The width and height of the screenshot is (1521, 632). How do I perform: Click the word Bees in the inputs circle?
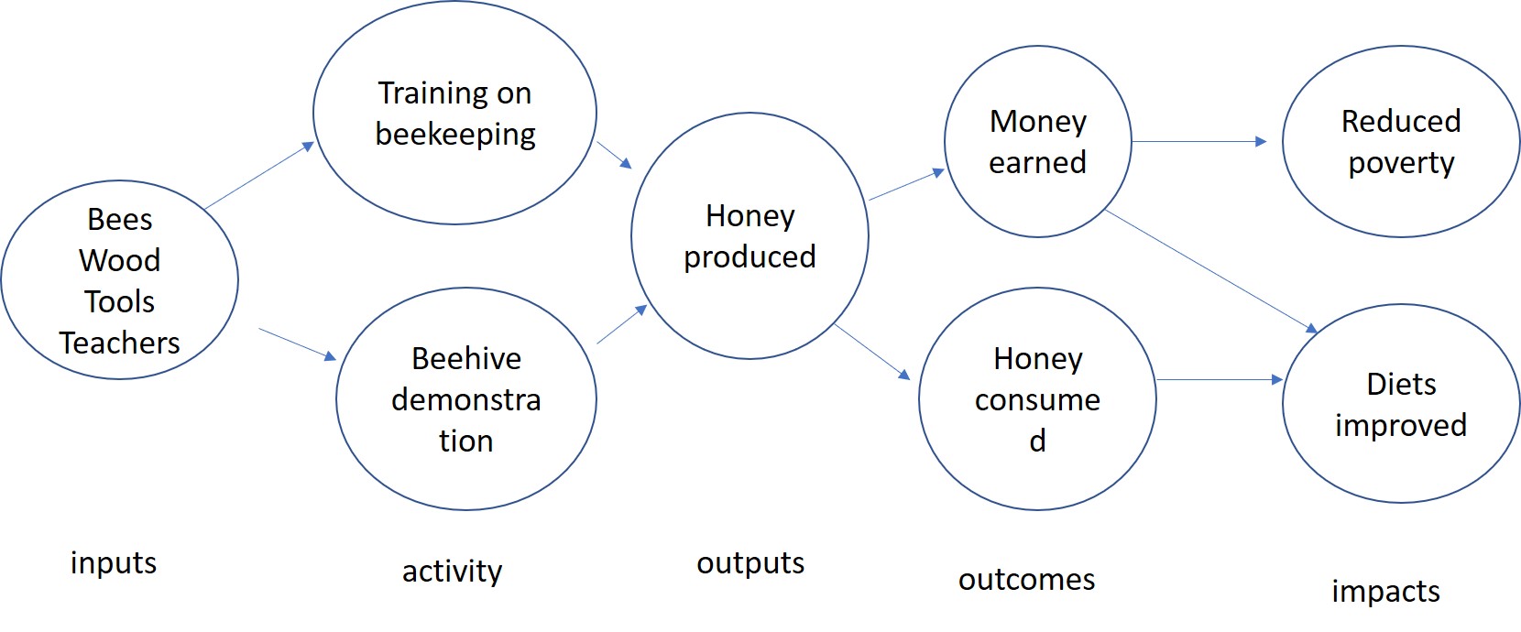pos(119,219)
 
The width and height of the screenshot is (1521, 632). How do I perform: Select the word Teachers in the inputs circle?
pos(119,343)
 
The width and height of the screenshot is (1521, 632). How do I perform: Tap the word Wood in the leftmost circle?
pos(119,260)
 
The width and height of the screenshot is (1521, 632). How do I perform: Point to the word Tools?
pos(119,301)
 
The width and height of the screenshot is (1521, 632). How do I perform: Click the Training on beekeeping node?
pos(455,113)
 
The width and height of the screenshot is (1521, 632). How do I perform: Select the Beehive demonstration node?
pos(466,399)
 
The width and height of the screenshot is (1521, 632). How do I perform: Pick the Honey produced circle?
pos(750,235)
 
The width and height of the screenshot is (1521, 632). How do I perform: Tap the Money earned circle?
pos(1037,141)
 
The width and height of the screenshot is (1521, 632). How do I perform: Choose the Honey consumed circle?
pos(1037,399)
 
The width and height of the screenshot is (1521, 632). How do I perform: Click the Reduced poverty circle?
pos(1401,141)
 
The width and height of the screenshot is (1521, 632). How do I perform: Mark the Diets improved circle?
pos(1401,403)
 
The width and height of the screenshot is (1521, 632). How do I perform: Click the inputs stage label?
pos(114,562)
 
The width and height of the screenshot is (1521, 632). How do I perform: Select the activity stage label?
pos(453,571)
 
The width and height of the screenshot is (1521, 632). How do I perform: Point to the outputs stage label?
pos(750,562)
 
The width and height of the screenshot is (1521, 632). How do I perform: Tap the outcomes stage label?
pos(1026,579)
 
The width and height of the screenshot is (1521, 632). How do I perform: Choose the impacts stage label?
pos(1386,592)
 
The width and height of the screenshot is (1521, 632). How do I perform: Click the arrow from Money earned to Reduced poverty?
pos(1199,141)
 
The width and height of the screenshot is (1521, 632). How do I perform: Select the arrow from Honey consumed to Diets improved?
pos(1220,379)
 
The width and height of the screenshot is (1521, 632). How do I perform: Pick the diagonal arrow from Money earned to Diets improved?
pos(1211,271)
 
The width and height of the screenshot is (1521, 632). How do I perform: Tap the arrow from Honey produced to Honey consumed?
pos(872,352)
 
